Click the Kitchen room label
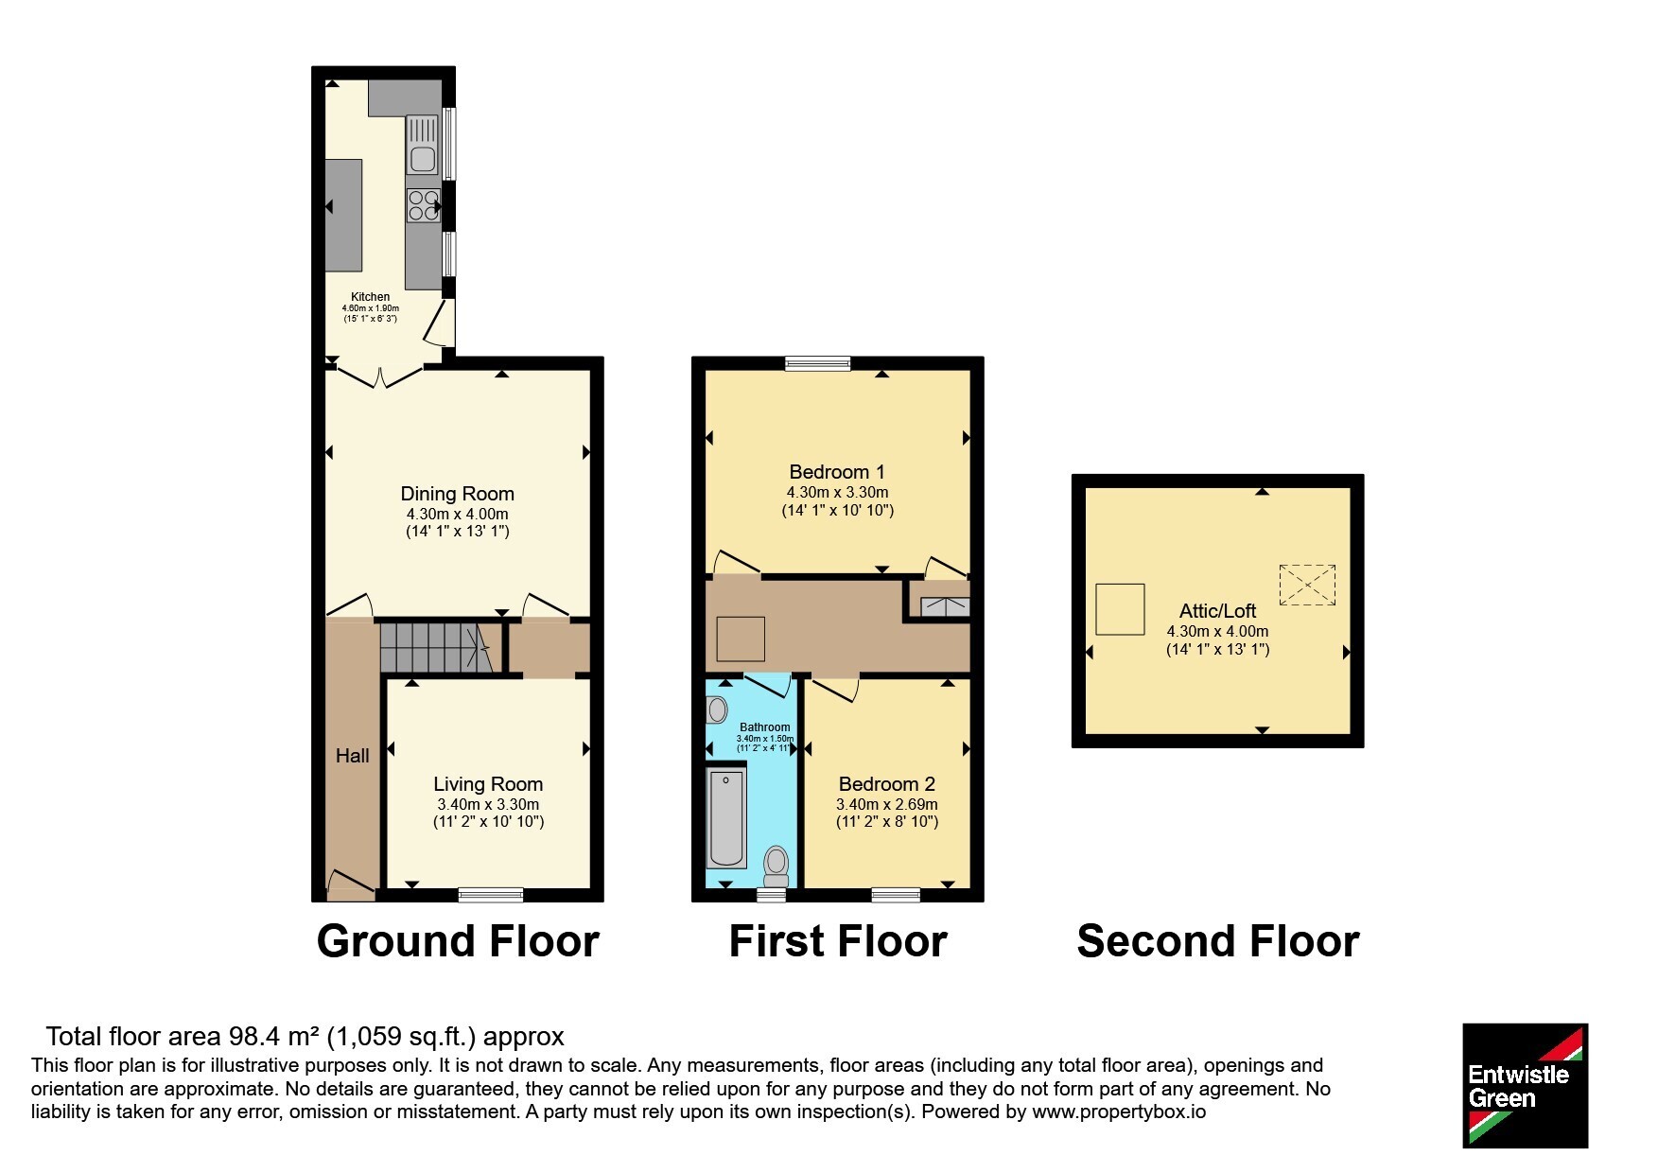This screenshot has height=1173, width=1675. [371, 297]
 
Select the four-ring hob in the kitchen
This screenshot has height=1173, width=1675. [423, 205]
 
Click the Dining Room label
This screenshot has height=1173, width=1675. [458, 494]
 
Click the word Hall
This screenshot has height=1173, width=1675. [353, 756]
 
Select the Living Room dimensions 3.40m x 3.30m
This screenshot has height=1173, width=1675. [488, 804]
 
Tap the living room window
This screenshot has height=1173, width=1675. [491, 895]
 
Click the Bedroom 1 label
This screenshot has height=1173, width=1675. [837, 472]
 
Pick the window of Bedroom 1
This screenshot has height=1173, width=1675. [818, 363]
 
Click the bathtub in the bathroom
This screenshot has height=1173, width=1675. [727, 817]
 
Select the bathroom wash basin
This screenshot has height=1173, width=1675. [717, 709]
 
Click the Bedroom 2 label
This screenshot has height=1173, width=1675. [887, 784]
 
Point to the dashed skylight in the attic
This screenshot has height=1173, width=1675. [1307, 585]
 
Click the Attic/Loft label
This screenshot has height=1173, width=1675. [1217, 611]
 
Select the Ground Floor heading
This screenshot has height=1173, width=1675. [458, 942]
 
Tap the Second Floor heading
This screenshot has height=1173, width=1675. [1218, 942]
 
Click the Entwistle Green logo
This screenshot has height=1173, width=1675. [1525, 1086]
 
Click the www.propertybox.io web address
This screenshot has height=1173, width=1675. [1119, 1112]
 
